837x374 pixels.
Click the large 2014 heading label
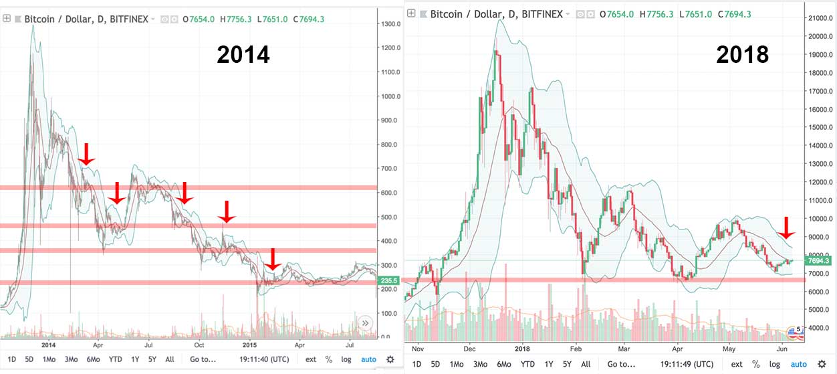pyautogui.click(x=243, y=54)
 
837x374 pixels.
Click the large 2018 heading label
pyautogui.click(x=742, y=54)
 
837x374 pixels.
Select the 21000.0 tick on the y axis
pyautogui.click(x=820, y=18)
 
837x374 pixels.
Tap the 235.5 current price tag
pyautogui.click(x=388, y=282)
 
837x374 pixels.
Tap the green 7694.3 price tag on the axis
pyautogui.click(x=820, y=261)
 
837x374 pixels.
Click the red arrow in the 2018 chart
pyautogui.click(x=788, y=227)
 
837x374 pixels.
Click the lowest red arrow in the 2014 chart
pyautogui.click(x=272, y=260)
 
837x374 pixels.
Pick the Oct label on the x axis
pyautogui.click(x=199, y=345)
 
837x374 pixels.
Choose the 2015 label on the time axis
pyautogui.click(x=249, y=345)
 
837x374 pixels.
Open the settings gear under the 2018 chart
pyautogui.click(x=822, y=364)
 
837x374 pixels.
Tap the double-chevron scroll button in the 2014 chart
pyautogui.click(x=366, y=322)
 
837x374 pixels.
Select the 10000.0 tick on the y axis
pyautogui.click(x=820, y=219)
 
